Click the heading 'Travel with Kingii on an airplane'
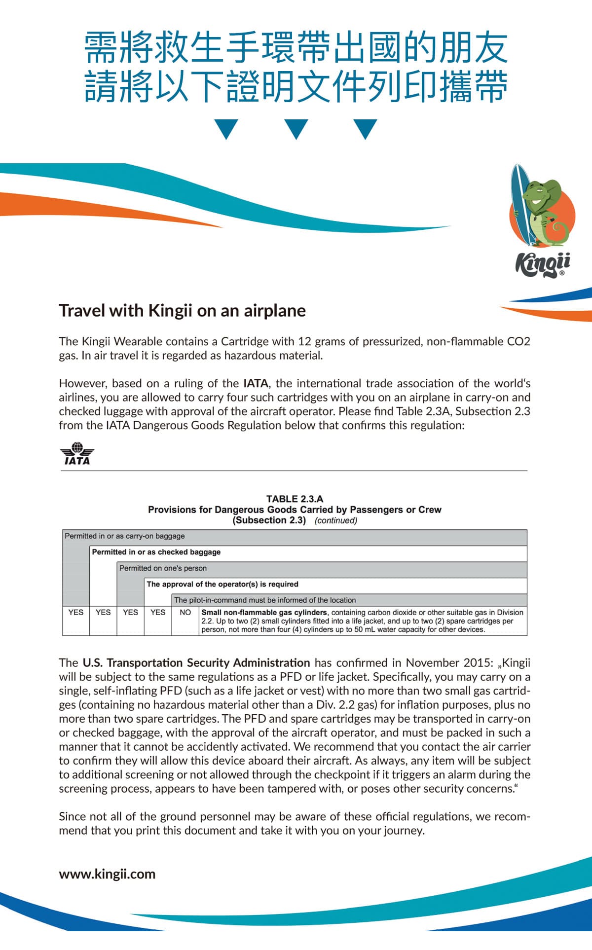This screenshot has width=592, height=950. coord(182,311)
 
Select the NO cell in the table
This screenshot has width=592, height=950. coord(185,612)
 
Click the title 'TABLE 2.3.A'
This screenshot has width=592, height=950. coord(295,499)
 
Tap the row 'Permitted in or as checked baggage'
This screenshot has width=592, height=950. coord(156,552)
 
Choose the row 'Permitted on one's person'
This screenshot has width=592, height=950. coord(163,568)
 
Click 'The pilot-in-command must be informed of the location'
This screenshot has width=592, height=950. coord(265,600)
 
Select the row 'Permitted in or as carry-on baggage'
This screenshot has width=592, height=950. coord(125,536)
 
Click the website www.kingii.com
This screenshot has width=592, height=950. coord(107,874)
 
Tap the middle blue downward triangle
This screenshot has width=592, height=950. coord(296,128)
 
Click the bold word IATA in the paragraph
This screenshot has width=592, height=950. coord(256,383)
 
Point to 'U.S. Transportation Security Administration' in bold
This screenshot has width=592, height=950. coord(196,662)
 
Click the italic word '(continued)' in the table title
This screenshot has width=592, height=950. coord(336,520)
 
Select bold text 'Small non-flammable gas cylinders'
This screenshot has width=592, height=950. coord(264,612)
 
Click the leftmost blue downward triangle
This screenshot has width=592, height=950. coord(226,128)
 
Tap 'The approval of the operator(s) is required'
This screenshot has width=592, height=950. coord(222,584)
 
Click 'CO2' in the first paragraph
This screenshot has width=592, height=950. coord(518,341)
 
